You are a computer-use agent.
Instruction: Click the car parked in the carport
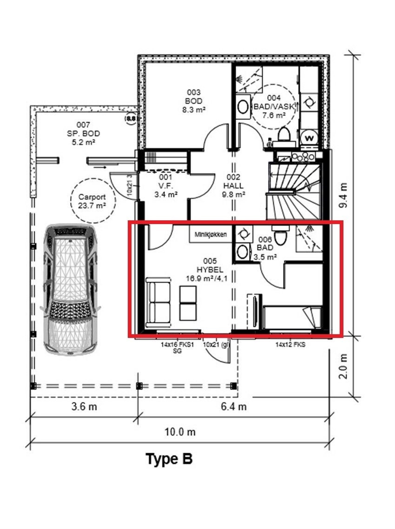[x=70, y=290]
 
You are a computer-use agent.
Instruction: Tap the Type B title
[x=169, y=459]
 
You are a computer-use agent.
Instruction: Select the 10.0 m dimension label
[x=180, y=432]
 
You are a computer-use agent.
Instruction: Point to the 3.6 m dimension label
[x=84, y=406]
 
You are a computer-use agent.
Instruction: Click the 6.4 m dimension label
[x=233, y=406]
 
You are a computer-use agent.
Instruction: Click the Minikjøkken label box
[x=211, y=234]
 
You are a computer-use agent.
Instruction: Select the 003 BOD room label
[x=194, y=101]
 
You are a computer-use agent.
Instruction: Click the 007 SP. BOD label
[x=83, y=134]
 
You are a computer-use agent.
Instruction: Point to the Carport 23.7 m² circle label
[x=93, y=200]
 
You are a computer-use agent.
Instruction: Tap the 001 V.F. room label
[x=165, y=186]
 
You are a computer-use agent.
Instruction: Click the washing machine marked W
[x=309, y=138]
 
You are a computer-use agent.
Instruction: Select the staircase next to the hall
[x=293, y=191]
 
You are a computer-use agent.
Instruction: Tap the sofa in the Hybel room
[x=158, y=302]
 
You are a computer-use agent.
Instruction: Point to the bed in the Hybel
[x=292, y=317]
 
